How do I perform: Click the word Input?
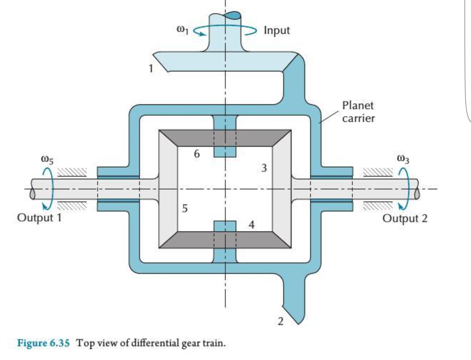pyautogui.click(x=277, y=30)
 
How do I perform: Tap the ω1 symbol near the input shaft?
pyautogui.click(x=182, y=30)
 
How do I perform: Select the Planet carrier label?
pyautogui.click(x=358, y=112)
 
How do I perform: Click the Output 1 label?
pyautogui.click(x=39, y=218)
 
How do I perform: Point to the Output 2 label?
pyautogui.click(x=405, y=218)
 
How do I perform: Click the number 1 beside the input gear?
pyautogui.click(x=150, y=68)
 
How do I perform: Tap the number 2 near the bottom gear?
pyautogui.click(x=280, y=321)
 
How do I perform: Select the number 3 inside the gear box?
pyautogui.click(x=264, y=168)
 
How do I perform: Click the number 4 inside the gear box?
pyautogui.click(x=251, y=225)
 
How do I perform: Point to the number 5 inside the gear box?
pyautogui.click(x=185, y=208)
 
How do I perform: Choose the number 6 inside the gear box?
pyautogui.click(x=197, y=153)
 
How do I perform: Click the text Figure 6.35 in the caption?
pyautogui.click(x=43, y=343)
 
